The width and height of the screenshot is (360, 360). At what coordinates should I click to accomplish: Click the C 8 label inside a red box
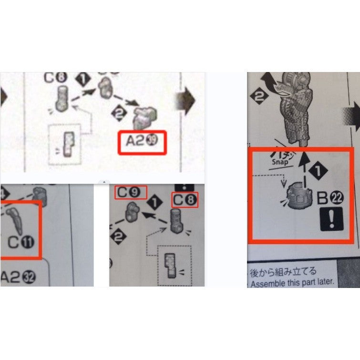[185, 200]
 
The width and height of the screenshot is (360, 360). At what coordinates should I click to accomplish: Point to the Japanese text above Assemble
[283, 272]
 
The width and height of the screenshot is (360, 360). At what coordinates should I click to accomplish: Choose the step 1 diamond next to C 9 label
[154, 202]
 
